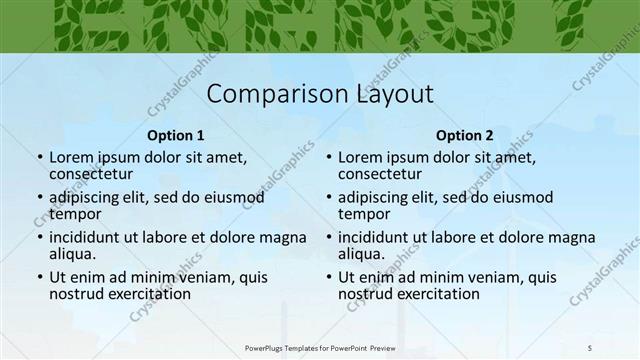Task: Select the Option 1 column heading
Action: pyautogui.click(x=175, y=135)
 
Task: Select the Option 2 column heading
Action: pyautogui.click(x=465, y=135)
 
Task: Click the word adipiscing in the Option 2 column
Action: pyautogui.click(x=377, y=197)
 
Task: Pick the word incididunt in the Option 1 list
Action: pyautogui.click(x=91, y=237)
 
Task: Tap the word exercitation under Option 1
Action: pyautogui.click(x=148, y=294)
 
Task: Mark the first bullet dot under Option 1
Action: pyautogui.click(x=39, y=158)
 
